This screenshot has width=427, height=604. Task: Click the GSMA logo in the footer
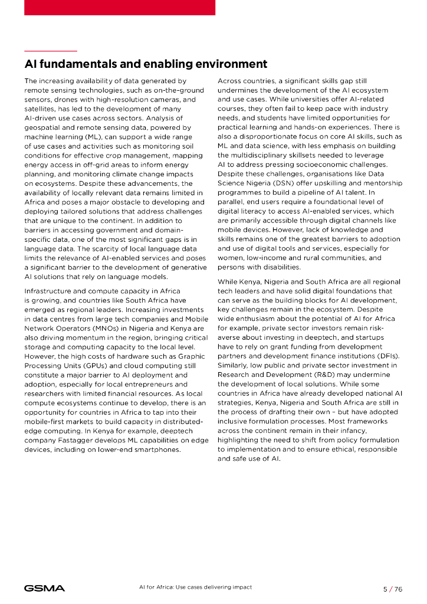coord(44,588)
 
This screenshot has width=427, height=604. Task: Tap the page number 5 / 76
coord(392,589)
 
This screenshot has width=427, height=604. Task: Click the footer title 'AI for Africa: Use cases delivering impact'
coord(195,587)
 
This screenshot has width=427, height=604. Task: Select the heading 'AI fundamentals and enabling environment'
coord(146,64)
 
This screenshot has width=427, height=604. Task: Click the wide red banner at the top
coord(120,7)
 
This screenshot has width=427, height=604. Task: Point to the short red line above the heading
coord(51,51)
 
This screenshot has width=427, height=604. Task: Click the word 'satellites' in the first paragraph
coord(41,109)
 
